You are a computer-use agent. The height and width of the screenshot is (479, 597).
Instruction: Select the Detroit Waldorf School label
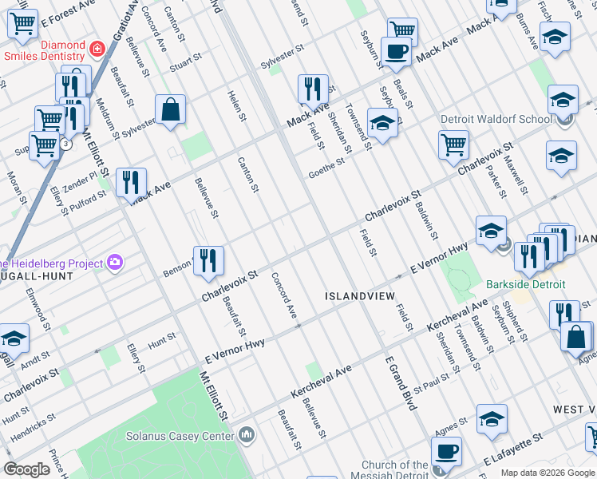click(x=496, y=119)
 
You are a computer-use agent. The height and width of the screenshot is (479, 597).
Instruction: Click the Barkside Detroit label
click(x=526, y=284)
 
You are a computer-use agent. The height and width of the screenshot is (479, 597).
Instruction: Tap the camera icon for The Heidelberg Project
click(x=116, y=263)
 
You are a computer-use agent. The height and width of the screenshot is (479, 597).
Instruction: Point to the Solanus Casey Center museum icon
click(x=247, y=435)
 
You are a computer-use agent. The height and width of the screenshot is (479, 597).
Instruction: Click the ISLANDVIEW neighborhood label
click(x=359, y=295)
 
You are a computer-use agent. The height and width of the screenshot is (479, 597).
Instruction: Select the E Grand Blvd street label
click(x=401, y=383)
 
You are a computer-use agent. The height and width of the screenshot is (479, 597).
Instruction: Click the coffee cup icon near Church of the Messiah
click(x=446, y=451)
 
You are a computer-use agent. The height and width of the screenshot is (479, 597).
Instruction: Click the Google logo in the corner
click(x=26, y=469)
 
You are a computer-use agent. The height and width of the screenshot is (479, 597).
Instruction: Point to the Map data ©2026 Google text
click(x=547, y=473)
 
